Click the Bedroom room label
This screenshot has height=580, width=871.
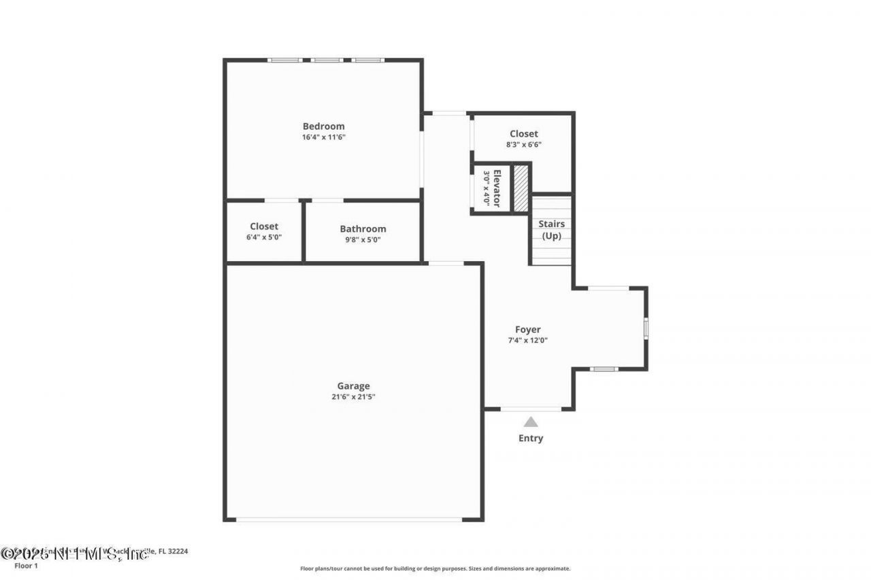coord(323,126)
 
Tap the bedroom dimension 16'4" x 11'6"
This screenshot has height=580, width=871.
coord(323,137)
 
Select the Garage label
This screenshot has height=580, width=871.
coord(353,386)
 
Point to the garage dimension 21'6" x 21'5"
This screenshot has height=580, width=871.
coord(353,397)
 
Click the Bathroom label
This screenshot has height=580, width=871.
coord(363,229)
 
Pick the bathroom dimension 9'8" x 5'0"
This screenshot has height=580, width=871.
coord(363,239)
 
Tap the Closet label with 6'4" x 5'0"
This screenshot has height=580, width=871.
coord(264,226)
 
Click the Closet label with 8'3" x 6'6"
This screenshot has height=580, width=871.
coord(523,134)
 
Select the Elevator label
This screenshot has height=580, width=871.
coord(497,188)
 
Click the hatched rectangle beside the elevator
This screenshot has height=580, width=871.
coord(521,188)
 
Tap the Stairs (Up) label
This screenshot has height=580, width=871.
coord(551,230)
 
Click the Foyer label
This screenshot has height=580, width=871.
coord(527,330)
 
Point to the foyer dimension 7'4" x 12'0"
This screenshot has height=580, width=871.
coord(527,341)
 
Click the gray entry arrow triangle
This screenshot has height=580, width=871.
coord(531,422)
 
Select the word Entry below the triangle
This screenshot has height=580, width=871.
coord(531,439)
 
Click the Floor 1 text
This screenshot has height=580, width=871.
coord(26,565)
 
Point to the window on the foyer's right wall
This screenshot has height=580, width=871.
coord(646,328)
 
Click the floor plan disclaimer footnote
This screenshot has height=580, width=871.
coord(435,568)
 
